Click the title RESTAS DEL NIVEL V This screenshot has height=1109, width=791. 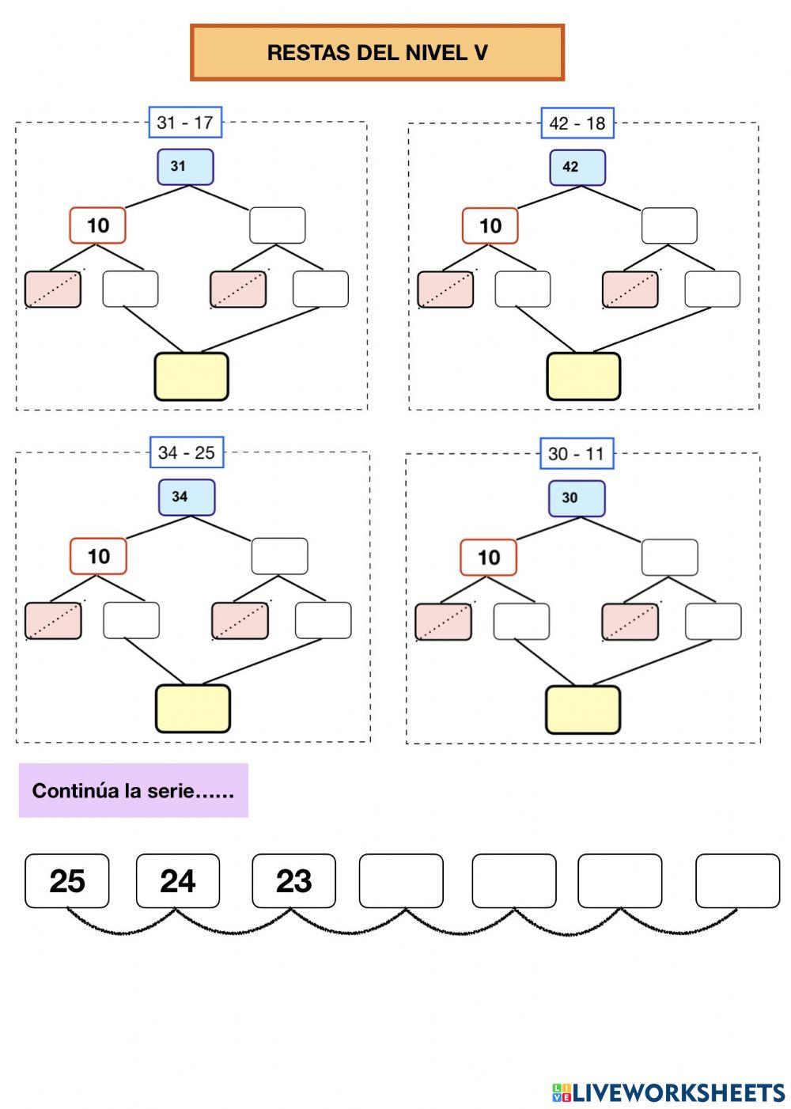pyautogui.click(x=377, y=53)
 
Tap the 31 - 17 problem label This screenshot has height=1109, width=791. pyautogui.click(x=185, y=123)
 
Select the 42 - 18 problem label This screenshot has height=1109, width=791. pyautogui.click(x=577, y=123)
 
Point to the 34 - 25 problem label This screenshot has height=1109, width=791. pyautogui.click(x=186, y=453)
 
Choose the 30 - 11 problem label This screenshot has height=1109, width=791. pyautogui.click(x=576, y=454)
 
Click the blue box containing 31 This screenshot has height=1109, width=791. pyautogui.click(x=185, y=167)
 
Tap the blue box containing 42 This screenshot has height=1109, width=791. pyautogui.click(x=577, y=168)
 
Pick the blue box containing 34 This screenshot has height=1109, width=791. pyautogui.click(x=187, y=498)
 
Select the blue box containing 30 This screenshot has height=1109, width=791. pyautogui.click(x=577, y=498)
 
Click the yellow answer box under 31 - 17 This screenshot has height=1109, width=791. pyautogui.click(x=191, y=377)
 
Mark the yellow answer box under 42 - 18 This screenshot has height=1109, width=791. pyautogui.click(x=584, y=377)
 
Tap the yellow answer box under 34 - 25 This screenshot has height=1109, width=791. pyautogui.click(x=193, y=709)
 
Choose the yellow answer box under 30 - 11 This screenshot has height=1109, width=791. pyautogui.click(x=583, y=710)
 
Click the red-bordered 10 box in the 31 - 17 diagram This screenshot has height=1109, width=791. pyautogui.click(x=97, y=225)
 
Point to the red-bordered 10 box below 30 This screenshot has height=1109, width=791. pyautogui.click(x=488, y=558)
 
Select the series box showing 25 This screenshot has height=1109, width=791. pyautogui.click(x=67, y=881)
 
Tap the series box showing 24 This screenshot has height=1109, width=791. pyautogui.click(x=178, y=881)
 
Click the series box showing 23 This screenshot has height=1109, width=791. pyautogui.click(x=293, y=881)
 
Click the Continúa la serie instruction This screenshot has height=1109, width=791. pyautogui.click(x=133, y=790)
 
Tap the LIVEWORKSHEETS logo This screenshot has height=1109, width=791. pyautogui.click(x=668, y=1093)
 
